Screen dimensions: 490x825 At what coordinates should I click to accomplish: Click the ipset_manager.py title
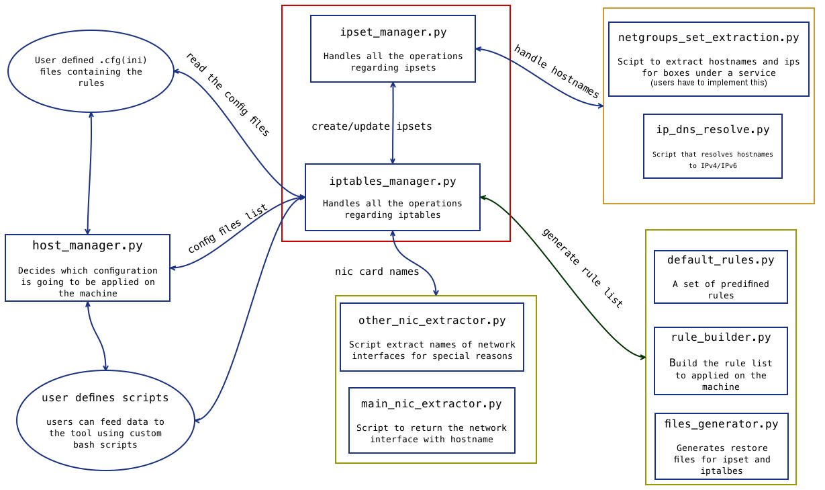point(393,32)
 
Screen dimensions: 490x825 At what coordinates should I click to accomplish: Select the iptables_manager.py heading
point(393,181)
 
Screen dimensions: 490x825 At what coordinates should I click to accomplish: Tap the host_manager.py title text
point(87,246)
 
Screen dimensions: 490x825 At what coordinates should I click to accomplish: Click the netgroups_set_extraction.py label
point(708,38)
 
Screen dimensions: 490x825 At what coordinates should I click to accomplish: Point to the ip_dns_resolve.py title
point(713,130)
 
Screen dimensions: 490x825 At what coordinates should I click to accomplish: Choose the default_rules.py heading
point(720,260)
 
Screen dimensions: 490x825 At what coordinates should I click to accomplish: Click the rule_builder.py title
point(720,337)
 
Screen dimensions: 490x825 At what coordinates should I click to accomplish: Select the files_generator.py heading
point(721,424)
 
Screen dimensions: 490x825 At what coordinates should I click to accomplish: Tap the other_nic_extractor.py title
point(432,321)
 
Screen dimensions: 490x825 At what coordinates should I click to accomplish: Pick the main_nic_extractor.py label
point(432,404)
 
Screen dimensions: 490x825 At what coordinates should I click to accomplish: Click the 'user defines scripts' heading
point(105,398)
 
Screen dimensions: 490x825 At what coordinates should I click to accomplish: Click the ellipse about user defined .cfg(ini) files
point(91,71)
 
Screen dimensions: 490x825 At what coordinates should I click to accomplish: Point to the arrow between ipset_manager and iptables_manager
point(393,123)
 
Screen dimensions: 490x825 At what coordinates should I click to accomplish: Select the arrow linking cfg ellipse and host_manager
point(89,173)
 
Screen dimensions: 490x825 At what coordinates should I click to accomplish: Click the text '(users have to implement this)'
point(708,83)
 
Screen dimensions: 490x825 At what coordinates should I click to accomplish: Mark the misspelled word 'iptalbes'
point(722,471)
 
